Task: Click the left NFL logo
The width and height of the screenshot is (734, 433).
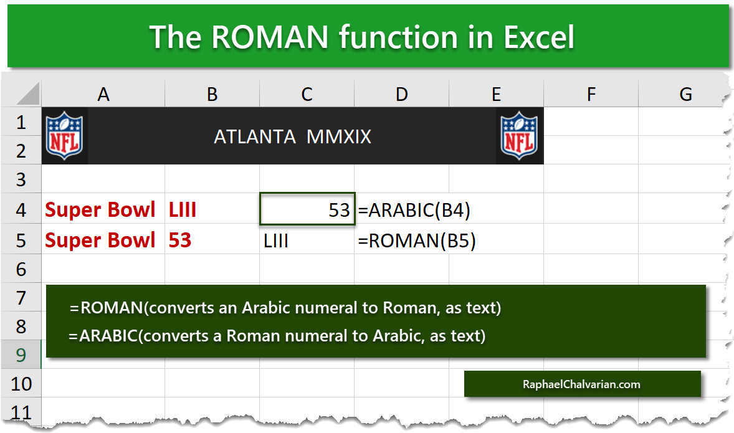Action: pos(64,136)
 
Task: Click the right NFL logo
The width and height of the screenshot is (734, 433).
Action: pos(519,136)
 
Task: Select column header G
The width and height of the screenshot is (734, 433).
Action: pos(685,94)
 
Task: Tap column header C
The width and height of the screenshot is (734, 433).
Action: pos(307,94)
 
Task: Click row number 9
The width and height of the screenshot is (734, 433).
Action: pos(21,354)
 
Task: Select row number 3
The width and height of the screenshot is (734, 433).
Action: pos(21,179)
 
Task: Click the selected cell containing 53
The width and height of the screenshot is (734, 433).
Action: pos(307,209)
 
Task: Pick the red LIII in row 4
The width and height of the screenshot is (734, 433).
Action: pos(183,210)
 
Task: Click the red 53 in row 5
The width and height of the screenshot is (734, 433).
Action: pos(180,240)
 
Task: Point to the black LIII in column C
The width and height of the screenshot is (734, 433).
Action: pos(276,240)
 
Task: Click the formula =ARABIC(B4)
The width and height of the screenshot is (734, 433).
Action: pos(414,210)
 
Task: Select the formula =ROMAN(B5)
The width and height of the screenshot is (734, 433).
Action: pos(417,240)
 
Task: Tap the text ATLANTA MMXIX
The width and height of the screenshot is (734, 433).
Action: pos(292,136)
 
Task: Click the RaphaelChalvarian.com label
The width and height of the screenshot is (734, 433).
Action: pos(581,384)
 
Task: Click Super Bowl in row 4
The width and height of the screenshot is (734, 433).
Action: pos(100,210)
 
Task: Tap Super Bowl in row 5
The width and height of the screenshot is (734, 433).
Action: pos(100,240)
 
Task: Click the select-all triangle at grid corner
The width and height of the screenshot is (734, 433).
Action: pos(29,94)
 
